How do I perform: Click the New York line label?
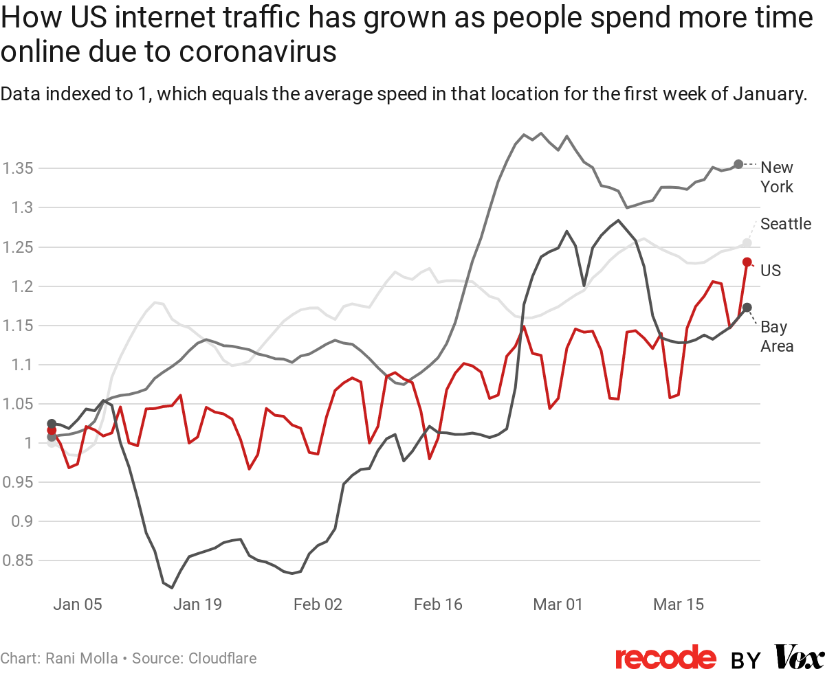point(776,177)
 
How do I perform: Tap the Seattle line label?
point(785,224)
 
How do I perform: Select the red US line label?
point(771,271)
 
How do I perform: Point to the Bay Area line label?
point(776,337)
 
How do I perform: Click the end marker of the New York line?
point(738,164)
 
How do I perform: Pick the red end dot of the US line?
point(747,262)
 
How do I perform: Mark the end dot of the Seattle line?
point(747,243)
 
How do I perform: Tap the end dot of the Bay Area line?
point(747,307)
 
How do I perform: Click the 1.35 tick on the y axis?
point(18,169)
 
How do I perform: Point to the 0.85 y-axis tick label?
point(18,561)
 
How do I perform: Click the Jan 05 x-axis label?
point(78,605)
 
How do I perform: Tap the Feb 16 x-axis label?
point(438,605)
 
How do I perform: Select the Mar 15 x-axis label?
point(679,605)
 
